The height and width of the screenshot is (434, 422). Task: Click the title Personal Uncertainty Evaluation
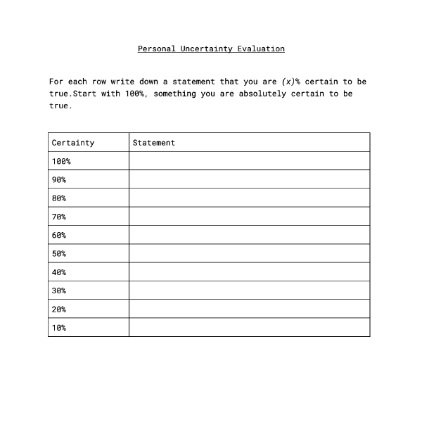point(211,49)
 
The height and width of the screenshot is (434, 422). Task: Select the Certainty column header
point(72,143)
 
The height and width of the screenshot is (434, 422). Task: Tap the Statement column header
point(153,143)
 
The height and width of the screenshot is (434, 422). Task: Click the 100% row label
point(61,161)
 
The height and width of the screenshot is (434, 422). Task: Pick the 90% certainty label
point(59,179)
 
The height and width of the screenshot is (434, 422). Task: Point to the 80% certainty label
point(59,198)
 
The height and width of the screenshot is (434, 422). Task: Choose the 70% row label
point(59,217)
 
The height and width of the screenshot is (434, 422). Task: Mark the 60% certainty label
point(59,235)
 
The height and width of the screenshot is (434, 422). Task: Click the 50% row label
point(59,253)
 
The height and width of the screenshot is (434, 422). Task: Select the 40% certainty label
point(59,272)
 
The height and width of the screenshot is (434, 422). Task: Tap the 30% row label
point(59,291)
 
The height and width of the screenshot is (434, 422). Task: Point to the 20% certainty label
point(59,309)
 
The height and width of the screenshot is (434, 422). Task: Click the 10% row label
point(59,328)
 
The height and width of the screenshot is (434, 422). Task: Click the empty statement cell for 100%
point(249,161)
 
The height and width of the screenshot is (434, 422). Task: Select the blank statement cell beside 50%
point(249,253)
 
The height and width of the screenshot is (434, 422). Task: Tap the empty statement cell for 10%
point(249,328)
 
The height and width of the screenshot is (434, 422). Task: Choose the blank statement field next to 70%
point(249,217)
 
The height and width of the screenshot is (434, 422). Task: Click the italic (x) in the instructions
point(288,82)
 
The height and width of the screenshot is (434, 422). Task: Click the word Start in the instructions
point(84,94)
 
